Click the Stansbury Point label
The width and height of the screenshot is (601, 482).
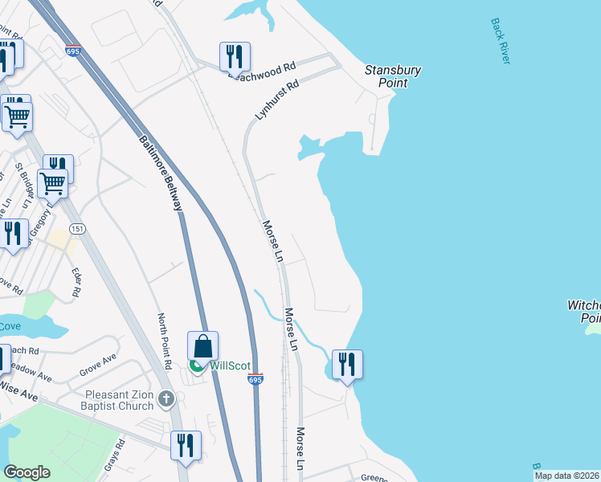tap(393, 76)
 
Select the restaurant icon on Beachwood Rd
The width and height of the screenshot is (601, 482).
tap(235, 56)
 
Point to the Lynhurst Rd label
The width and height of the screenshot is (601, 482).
tap(276, 100)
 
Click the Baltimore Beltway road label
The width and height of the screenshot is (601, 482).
tap(161, 173)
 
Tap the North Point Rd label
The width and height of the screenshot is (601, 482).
tap(165, 341)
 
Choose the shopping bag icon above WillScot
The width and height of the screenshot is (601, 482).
tap(203, 346)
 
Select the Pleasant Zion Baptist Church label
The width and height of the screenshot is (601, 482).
tap(121, 400)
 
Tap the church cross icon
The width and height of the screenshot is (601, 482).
tap(166, 398)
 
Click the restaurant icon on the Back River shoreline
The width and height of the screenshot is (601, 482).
tap(347, 365)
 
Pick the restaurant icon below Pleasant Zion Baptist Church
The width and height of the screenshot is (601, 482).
tap(186, 446)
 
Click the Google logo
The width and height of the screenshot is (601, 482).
tap(27, 472)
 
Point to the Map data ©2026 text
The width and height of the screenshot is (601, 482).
tap(566, 476)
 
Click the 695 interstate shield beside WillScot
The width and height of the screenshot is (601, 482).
tap(255, 379)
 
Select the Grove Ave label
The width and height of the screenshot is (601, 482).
tap(98, 368)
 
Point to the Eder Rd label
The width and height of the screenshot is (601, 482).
tap(76, 283)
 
